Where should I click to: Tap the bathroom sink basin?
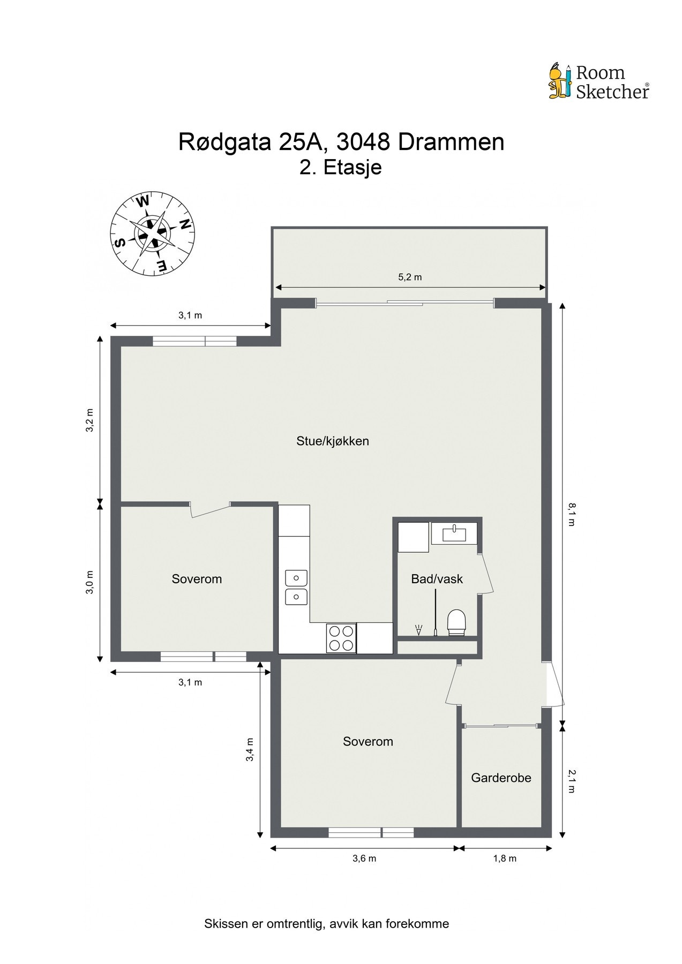click(x=454, y=533)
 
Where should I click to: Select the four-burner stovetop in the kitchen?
click(x=341, y=638)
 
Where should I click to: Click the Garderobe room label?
click(x=501, y=778)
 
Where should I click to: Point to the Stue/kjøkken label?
click(x=333, y=441)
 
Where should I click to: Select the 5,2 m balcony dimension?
click(x=410, y=277)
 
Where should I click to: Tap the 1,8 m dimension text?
click(x=505, y=858)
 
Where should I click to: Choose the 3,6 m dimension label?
click(x=364, y=858)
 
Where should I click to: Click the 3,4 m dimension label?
click(x=250, y=750)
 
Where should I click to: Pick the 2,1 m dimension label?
click(x=571, y=781)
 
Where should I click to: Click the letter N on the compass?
click(x=185, y=224)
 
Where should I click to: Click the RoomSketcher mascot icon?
click(x=560, y=81)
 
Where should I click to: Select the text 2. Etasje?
click(x=340, y=168)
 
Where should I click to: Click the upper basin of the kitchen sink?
click(x=296, y=578)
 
